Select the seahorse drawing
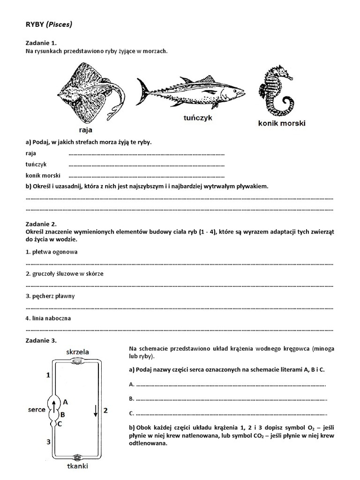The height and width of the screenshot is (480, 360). pyautogui.click(x=276, y=91)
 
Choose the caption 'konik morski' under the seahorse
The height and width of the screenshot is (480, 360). pyautogui.click(x=282, y=124)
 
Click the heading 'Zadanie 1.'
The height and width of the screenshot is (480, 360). pyautogui.click(x=41, y=43)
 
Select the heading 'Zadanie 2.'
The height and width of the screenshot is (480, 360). pyautogui.click(x=41, y=225)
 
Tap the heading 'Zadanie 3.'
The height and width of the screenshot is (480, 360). pyautogui.click(x=41, y=340)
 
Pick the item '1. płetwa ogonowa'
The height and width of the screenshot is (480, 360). pyautogui.click(x=52, y=252)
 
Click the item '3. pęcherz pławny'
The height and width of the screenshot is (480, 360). pyautogui.click(x=50, y=296)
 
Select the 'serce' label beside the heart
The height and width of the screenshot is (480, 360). pyautogui.click(x=37, y=410)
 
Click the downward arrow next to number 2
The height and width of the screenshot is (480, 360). pyautogui.click(x=96, y=411)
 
